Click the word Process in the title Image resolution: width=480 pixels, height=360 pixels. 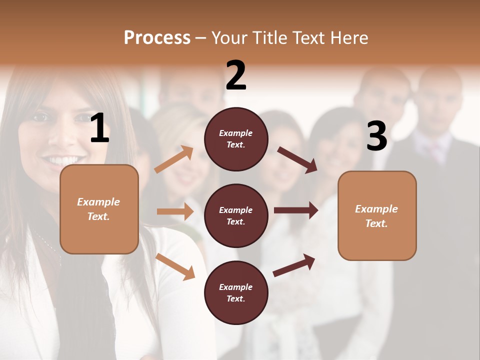point(157,38)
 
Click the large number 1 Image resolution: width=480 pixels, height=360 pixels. point(99,128)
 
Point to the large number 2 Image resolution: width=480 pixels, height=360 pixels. point(236,75)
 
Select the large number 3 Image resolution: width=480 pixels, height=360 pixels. point(376,136)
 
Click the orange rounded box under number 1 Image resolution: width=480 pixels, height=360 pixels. point(99,209)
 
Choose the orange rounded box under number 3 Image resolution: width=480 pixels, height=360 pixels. point(377,215)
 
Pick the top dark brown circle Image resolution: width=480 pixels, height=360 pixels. point(236,139)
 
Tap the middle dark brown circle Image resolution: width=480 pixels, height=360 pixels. point(236,215)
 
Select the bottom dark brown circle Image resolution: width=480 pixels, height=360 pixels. point(236,292)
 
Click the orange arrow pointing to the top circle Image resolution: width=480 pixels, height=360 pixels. point(174,159)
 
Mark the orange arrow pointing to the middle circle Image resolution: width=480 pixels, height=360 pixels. point(175,211)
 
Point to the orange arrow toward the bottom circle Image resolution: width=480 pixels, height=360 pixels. point(175,266)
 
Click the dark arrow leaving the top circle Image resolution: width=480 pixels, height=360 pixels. point(297,159)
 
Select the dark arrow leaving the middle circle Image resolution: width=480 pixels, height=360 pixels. point(296,210)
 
